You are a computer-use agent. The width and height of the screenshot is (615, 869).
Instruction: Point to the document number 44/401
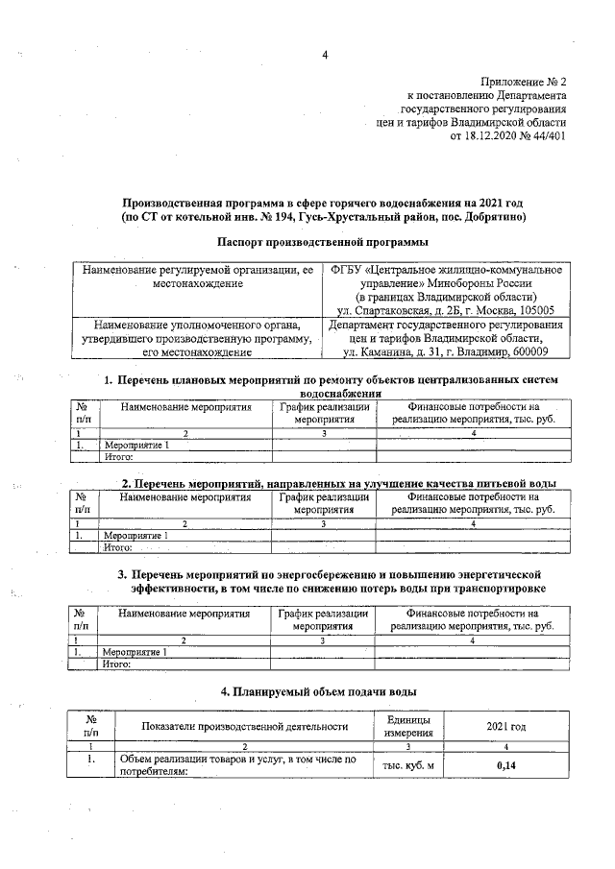click(x=548, y=137)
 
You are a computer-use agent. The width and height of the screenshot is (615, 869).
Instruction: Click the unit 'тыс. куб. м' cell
click(x=408, y=765)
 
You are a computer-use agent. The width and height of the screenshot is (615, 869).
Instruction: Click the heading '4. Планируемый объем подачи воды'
click(x=318, y=691)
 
